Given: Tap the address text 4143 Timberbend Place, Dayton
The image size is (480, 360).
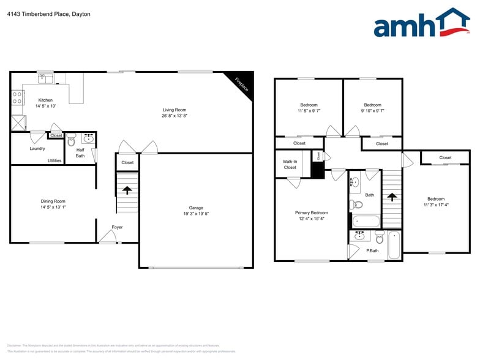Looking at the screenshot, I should click(x=49, y=14).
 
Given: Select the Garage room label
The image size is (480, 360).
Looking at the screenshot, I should click(x=196, y=208).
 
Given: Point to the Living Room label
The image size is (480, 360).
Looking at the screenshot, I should click(x=174, y=110).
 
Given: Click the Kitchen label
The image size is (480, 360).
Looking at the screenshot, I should click(x=45, y=100).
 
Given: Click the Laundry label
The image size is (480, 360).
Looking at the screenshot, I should click(x=37, y=148).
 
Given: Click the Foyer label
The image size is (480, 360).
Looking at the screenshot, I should click(x=117, y=227).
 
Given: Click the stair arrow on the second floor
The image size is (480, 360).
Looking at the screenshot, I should click(x=391, y=197).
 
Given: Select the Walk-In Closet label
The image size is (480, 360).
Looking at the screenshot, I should click(x=290, y=164).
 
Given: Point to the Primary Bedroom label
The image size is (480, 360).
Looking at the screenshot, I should click(x=311, y=212).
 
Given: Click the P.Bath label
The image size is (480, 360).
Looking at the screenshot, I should click(x=372, y=250).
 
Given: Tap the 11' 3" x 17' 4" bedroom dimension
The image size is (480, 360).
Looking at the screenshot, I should click(x=436, y=206).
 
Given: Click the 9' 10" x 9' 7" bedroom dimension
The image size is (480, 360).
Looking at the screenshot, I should click(x=372, y=111).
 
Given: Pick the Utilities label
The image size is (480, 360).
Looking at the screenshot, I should click(x=54, y=160).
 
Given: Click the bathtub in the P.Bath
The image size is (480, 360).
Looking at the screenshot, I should click(x=394, y=245).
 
